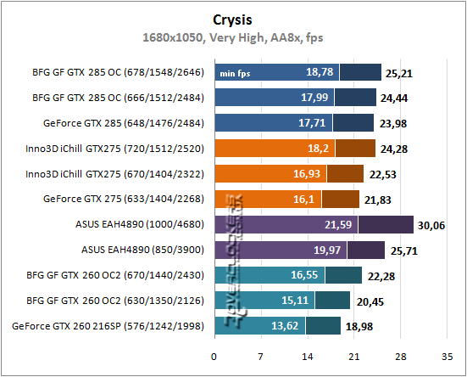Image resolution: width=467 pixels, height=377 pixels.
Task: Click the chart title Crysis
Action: coord(233,19)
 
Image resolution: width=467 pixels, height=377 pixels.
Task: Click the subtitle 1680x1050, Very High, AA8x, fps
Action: coord(233,37)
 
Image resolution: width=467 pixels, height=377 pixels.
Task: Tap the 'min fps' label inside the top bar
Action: coord(236,73)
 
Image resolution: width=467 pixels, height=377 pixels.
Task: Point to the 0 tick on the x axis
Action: coord(214,357)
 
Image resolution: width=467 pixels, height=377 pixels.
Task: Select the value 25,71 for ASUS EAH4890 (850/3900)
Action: coord(403,250)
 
